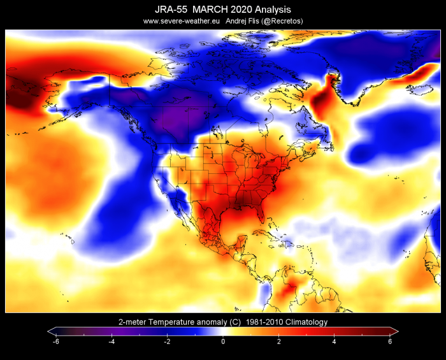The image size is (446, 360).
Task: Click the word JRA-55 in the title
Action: [171, 10]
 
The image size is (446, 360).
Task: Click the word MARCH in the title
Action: [210, 10]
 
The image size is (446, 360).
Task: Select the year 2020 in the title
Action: [241, 10]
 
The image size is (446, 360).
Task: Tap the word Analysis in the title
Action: [273, 10]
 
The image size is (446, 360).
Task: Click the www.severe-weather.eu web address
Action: [182, 21]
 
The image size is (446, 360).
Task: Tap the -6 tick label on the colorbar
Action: [56, 342]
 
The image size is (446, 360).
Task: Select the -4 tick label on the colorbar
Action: [111, 342]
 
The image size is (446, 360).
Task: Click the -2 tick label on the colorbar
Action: [167, 342]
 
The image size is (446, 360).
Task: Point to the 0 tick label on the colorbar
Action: [223, 342]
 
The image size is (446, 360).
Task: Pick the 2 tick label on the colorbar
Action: [279, 342]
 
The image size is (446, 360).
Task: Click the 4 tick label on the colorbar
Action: [334, 342]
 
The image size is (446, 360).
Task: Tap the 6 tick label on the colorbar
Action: [390, 342]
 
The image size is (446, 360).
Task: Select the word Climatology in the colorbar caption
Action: [306, 322]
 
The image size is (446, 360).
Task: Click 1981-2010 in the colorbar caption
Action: [264, 322]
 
